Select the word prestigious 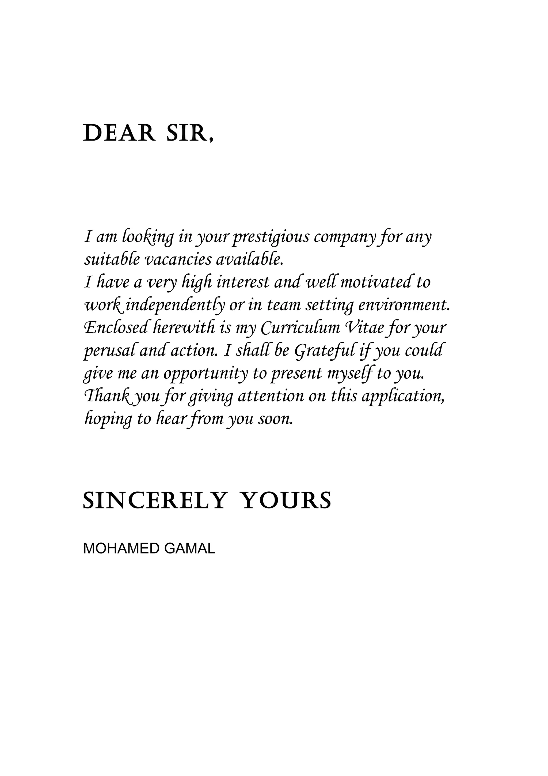(x=271, y=237)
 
